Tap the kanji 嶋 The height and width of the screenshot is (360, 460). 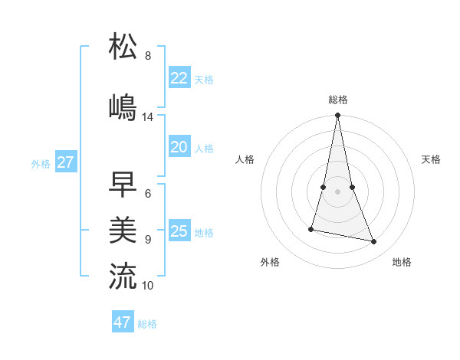123,107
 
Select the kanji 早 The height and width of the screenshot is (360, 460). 123,184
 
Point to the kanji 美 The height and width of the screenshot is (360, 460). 123,230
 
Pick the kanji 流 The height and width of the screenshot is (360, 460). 123,276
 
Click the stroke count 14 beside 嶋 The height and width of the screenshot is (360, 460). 148,117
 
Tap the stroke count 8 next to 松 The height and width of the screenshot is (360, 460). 148,56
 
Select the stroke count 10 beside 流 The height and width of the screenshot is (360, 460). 148,286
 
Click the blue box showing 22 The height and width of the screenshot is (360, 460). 179,78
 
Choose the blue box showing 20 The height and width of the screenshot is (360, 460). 179,148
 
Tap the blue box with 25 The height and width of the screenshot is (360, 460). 179,231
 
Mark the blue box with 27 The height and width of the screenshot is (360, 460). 66,162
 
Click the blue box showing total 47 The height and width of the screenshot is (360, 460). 123,322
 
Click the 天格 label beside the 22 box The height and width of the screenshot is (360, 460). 204,80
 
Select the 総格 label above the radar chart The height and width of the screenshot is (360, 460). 338,100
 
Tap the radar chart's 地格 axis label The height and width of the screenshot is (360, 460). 402,262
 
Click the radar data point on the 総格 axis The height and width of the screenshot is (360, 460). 338,116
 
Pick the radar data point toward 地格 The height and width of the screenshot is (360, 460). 374,242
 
